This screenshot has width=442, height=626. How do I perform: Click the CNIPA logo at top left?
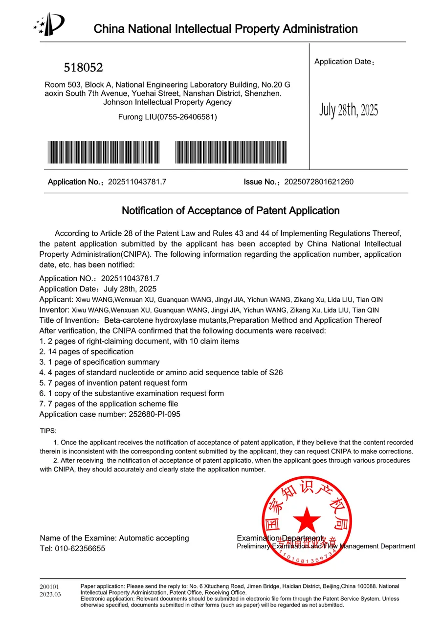(48, 24)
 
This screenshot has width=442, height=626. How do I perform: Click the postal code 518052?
(83, 67)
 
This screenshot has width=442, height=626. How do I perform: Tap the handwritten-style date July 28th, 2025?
(349, 110)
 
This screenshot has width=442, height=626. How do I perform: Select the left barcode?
(104, 152)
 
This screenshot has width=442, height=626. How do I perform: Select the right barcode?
(231, 152)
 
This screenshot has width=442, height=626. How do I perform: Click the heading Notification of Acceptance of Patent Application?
(230, 211)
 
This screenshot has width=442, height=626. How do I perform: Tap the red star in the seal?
(307, 520)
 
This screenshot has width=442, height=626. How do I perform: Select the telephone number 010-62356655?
(80, 548)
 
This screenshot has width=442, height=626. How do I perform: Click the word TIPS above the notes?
(48, 431)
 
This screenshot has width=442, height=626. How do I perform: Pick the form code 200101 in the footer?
(49, 586)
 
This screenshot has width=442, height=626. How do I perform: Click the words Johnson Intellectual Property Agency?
(167, 102)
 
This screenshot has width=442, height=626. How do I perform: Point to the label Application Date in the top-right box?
(343, 62)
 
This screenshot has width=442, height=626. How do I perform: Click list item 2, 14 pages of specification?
(86, 352)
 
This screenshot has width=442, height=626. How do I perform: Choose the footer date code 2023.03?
(50, 594)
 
